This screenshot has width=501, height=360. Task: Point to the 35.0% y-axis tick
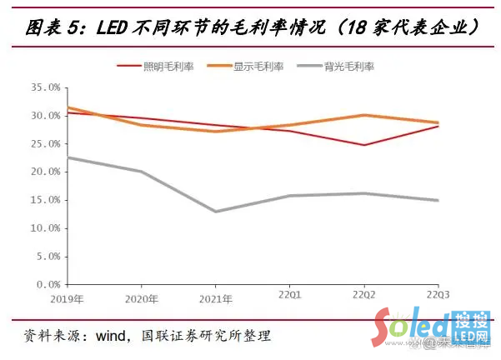tap(43, 87)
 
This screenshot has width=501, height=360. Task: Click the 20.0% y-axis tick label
tap(43, 172)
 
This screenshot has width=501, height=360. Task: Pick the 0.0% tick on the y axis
tap(46, 285)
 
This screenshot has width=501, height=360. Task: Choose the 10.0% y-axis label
tap(43, 228)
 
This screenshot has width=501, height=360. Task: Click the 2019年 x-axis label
tap(68, 297)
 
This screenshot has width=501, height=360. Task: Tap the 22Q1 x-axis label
tap(289, 297)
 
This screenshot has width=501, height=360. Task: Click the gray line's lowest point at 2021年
tap(216, 211)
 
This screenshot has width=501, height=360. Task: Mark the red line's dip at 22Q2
tap(363, 145)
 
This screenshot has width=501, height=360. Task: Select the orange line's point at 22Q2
tap(363, 115)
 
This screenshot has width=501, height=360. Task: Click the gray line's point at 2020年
tap(142, 172)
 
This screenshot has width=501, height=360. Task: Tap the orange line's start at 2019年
tap(68, 107)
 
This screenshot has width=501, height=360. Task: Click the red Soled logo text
tap(412, 327)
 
